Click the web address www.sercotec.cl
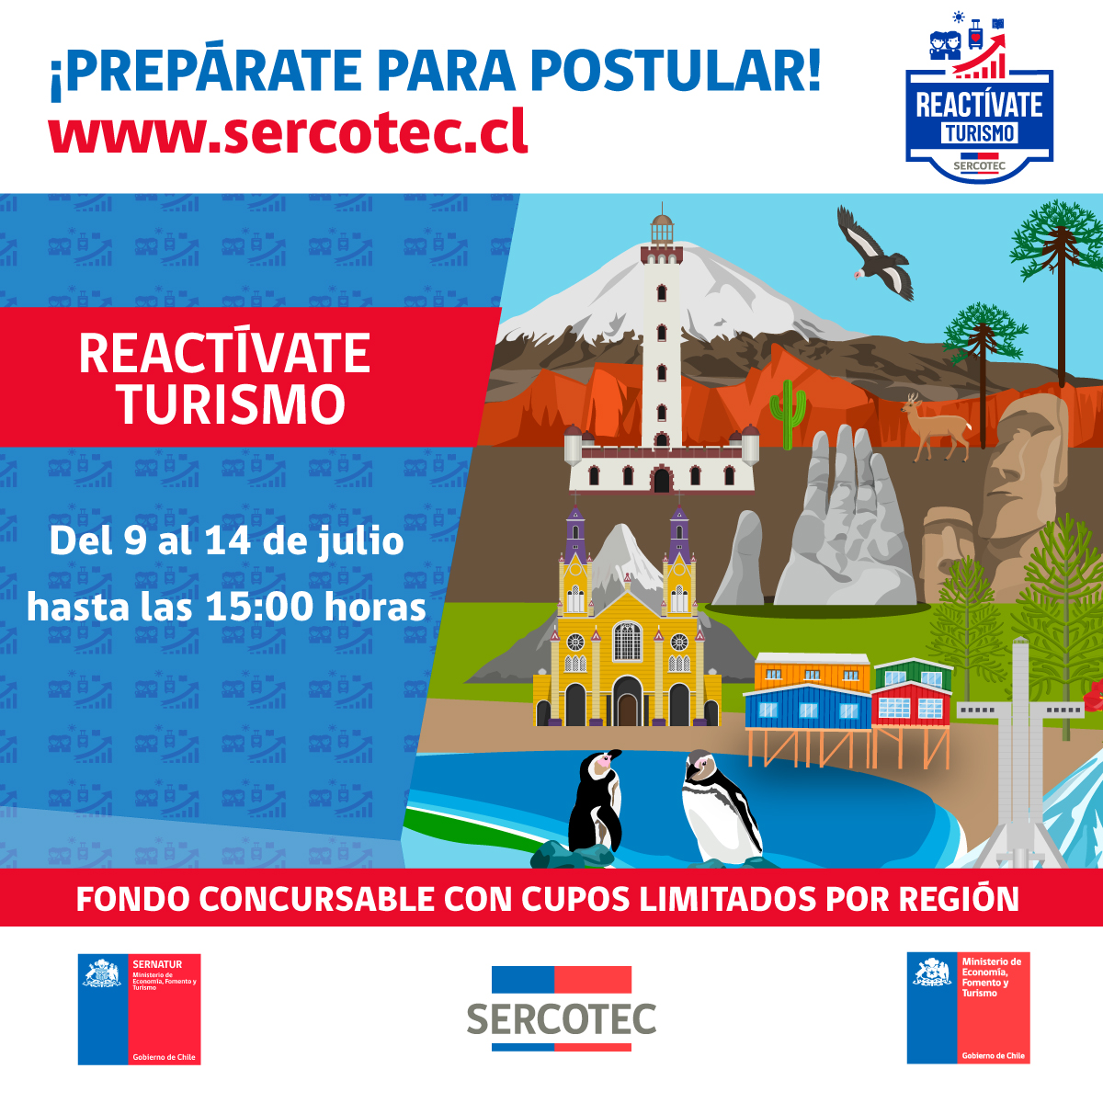point(288,131)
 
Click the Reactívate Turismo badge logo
point(979,97)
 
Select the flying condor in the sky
point(873,253)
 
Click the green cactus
point(788,414)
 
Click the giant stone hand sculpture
point(846,518)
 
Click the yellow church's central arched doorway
point(628,701)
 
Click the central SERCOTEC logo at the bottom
point(562,1008)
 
